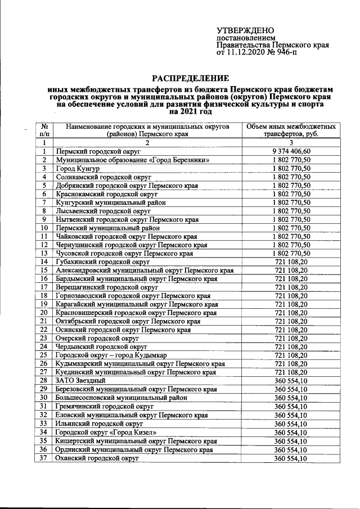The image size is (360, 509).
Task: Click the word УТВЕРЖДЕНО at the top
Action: point(245,30)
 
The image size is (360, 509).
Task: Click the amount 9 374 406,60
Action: point(291,151)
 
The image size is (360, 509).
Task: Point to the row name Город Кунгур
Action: point(77,168)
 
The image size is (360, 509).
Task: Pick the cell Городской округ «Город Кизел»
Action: point(106,432)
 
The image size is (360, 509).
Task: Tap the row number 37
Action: point(43,458)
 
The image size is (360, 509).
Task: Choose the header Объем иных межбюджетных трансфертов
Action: point(291,130)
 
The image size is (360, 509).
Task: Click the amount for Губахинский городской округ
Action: point(291,262)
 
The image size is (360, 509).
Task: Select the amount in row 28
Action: point(291,381)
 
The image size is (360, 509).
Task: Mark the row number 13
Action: point(43,253)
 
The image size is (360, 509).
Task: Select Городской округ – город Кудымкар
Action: point(110,355)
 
